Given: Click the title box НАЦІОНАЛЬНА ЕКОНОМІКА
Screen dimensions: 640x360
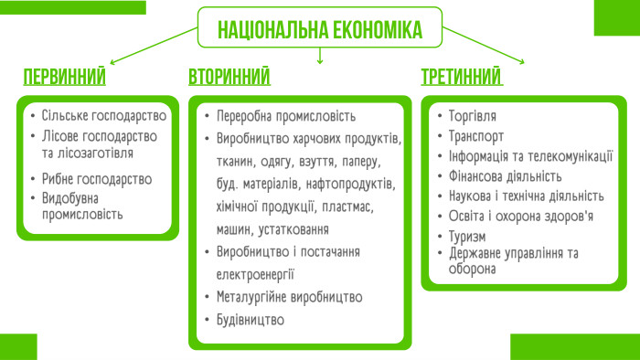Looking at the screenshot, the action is [x=320, y=28].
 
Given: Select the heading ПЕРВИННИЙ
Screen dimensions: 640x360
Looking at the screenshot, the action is [x=64, y=76].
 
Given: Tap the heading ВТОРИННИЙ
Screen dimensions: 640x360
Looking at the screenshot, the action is [x=229, y=76].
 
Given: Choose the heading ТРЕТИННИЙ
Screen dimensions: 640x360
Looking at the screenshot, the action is [x=462, y=76].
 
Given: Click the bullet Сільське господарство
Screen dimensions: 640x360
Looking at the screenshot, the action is [x=103, y=116].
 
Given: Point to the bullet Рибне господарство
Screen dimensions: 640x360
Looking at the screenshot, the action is [x=96, y=179].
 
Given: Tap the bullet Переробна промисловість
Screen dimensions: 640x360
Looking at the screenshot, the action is [x=285, y=117].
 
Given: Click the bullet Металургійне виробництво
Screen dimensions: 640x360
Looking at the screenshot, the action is [x=289, y=298].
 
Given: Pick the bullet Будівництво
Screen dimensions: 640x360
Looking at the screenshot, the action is [x=251, y=321].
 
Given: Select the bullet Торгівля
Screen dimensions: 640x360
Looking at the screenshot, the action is [x=473, y=117].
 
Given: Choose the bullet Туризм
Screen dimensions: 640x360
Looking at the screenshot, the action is [x=468, y=236].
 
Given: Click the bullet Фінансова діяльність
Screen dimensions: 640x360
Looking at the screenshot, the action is [x=505, y=176].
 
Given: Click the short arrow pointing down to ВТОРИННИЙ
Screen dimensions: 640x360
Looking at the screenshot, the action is [x=320, y=57].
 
